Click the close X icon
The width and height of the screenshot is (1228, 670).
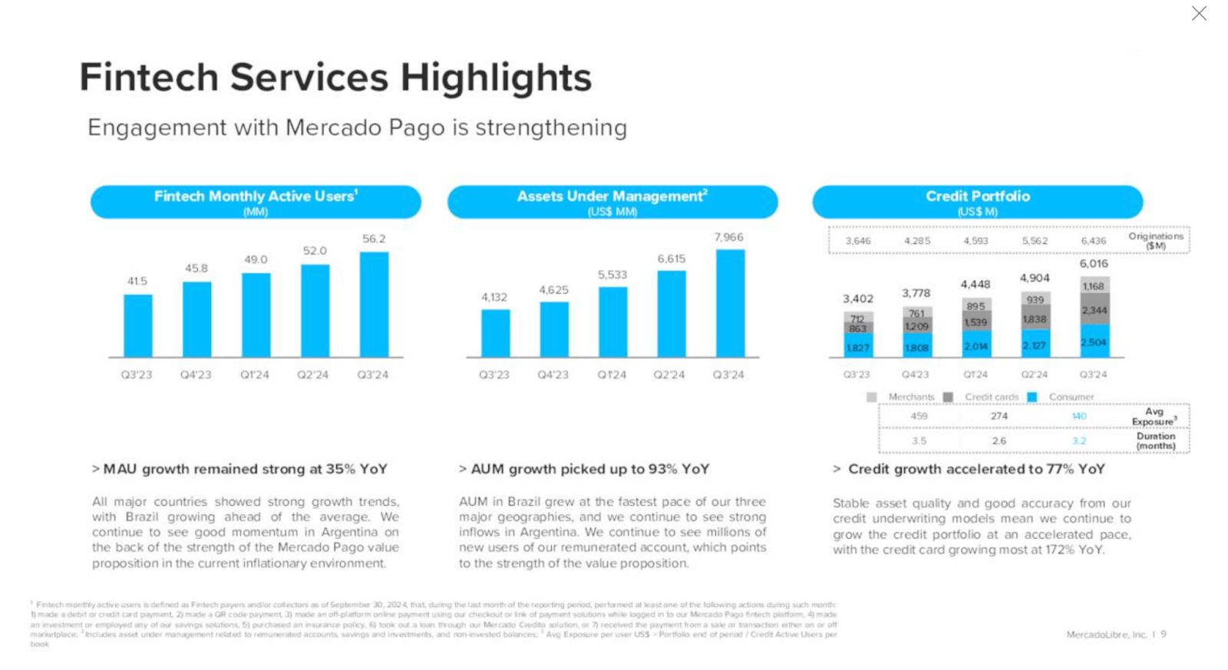[x=1199, y=13]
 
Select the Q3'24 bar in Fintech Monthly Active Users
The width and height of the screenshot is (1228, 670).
[x=374, y=304]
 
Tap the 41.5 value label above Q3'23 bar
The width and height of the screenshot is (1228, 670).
[x=137, y=282]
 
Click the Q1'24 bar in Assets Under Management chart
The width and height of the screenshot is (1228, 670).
[x=612, y=322]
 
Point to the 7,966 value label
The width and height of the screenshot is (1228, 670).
[x=728, y=237]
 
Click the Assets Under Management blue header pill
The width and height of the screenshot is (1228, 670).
[x=612, y=202]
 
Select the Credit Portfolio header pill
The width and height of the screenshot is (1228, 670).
[x=977, y=202]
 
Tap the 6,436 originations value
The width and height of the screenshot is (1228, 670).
[x=1094, y=241]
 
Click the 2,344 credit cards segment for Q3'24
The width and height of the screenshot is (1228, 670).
[x=1094, y=309]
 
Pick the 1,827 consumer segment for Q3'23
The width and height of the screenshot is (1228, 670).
[x=857, y=348]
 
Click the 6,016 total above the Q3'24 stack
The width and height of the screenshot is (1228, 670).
[x=1094, y=263]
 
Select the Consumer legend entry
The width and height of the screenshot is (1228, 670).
[x=1071, y=397]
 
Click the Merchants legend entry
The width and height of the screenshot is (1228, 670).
[x=910, y=397]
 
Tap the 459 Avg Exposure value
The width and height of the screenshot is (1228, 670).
[x=919, y=416]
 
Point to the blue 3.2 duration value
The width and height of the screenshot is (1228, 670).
[x=1079, y=441]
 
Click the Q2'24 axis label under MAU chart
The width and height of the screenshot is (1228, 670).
[x=313, y=375]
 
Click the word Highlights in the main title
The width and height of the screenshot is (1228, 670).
[x=496, y=78]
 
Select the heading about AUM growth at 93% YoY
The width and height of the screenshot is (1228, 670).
[x=589, y=469]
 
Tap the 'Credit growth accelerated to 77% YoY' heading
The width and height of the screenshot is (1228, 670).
[x=975, y=469]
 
